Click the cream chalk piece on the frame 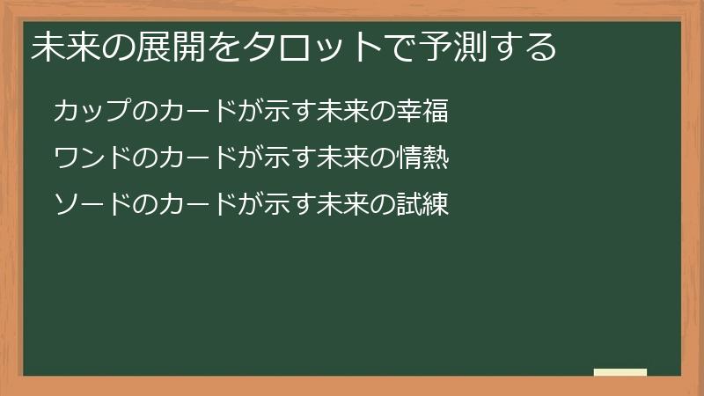click(x=620, y=372)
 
